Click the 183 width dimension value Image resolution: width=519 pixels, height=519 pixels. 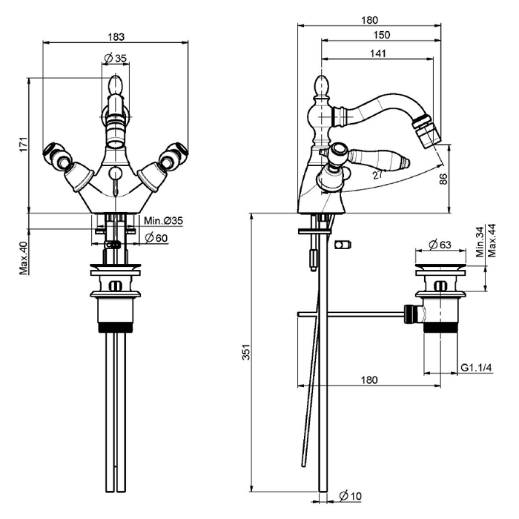click(116, 35)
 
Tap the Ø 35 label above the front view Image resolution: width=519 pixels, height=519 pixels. click(116, 59)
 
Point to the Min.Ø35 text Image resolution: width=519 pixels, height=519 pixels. click(163, 221)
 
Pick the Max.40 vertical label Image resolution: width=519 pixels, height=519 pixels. click(23, 257)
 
